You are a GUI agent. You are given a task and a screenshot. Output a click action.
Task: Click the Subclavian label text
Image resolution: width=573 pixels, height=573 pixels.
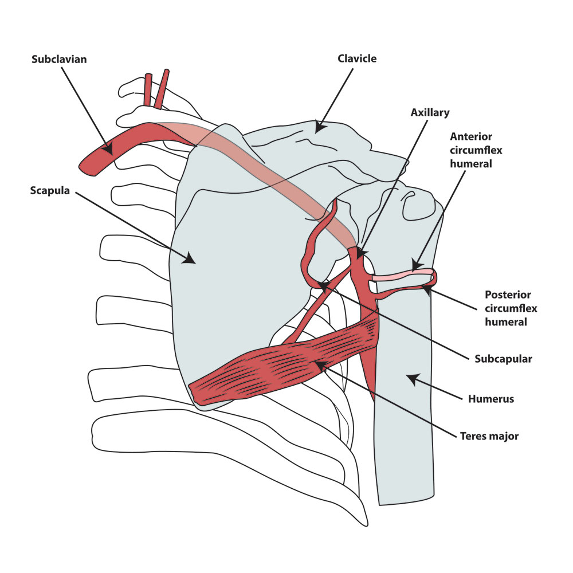coord(59,60)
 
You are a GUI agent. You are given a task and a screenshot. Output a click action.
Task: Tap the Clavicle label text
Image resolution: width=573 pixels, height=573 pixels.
coord(357,58)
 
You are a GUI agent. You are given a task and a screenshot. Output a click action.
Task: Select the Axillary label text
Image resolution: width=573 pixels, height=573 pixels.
coord(430,112)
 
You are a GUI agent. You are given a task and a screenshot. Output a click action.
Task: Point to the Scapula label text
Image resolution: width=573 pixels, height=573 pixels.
coord(50,191)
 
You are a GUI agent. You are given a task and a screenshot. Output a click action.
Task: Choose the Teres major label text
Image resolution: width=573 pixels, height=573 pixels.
coord(489,436)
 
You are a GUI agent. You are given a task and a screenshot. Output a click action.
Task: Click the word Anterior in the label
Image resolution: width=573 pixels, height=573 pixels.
coord(470,137)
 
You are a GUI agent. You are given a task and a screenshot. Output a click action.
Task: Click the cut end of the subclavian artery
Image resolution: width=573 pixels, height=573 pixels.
coord(86,166)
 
